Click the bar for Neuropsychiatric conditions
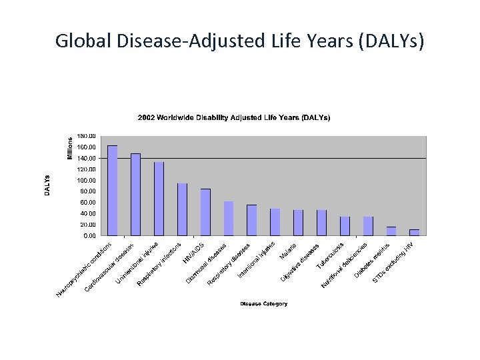click(113, 191)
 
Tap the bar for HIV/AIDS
click(205, 212)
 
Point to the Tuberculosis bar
click(345, 226)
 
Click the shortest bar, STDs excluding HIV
click(414, 233)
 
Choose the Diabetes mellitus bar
click(391, 231)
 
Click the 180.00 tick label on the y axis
click(87, 137)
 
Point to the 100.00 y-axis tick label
click(87, 181)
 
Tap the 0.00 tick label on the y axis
click(89, 236)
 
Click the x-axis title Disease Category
click(264, 304)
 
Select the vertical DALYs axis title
click(47, 185)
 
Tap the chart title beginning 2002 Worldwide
click(234, 117)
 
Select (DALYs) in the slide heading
click(390, 41)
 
